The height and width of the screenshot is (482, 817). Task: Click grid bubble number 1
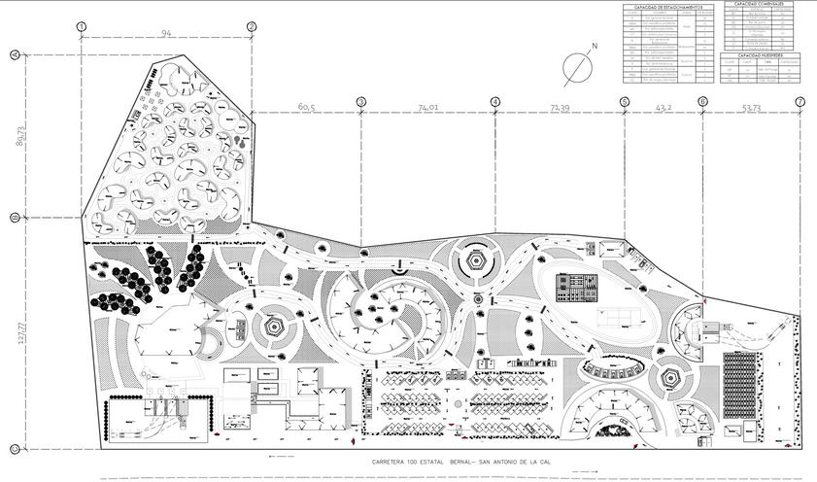pyautogui.click(x=82, y=26)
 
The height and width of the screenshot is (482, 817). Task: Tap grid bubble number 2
pyautogui.click(x=252, y=26)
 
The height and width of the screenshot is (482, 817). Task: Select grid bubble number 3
pyautogui.click(x=361, y=101)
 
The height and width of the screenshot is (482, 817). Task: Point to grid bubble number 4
pyautogui.click(x=495, y=101)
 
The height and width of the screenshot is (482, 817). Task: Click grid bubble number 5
pyautogui.click(x=624, y=101)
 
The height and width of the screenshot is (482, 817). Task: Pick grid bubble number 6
pyautogui.click(x=702, y=101)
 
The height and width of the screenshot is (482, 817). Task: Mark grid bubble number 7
pyautogui.click(x=800, y=101)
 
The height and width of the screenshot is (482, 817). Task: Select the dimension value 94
pyautogui.click(x=166, y=35)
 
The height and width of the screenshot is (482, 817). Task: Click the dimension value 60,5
pyautogui.click(x=307, y=107)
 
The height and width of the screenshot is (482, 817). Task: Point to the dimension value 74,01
pyautogui.click(x=428, y=107)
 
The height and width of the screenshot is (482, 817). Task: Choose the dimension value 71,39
pyautogui.click(x=560, y=107)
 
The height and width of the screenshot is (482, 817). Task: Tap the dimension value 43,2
pyautogui.click(x=664, y=107)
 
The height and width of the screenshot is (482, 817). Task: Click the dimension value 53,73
pyautogui.click(x=751, y=107)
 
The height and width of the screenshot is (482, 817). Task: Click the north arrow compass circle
pyautogui.click(x=578, y=65)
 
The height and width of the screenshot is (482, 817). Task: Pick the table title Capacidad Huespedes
pyautogui.click(x=763, y=55)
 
